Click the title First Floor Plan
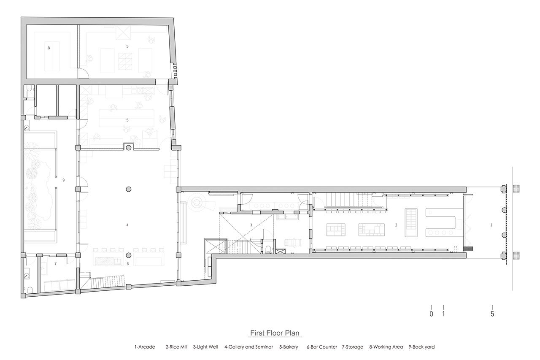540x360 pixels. (275, 333)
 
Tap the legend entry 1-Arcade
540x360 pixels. (145, 347)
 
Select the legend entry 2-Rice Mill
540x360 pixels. (176, 347)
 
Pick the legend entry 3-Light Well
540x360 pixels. (205, 347)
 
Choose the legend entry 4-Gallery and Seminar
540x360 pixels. (248, 347)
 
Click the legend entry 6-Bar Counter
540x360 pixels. (322, 347)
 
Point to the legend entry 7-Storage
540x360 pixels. (352, 347)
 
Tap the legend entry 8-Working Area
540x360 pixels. (386, 347)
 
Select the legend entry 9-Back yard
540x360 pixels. (421, 347)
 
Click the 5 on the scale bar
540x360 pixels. (492, 314)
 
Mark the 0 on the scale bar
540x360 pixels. (431, 314)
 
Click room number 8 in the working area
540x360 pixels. (49, 48)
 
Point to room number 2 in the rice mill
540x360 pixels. (396, 225)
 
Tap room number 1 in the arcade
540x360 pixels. (491, 225)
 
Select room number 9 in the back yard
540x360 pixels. (64, 180)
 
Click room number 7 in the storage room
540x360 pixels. (55, 264)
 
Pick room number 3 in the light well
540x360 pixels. (251, 225)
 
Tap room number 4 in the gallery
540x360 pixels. (127, 225)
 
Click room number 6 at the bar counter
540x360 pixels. (128, 264)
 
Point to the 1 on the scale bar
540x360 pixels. (443, 314)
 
